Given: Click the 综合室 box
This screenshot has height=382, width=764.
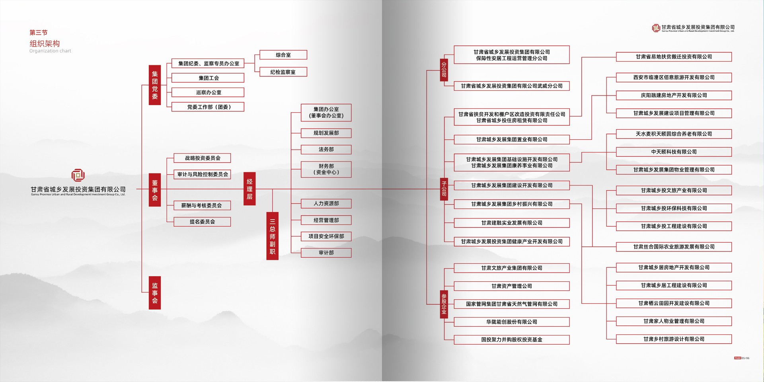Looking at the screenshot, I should [283, 55].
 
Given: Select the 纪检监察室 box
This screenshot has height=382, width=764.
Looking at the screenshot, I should [283, 72].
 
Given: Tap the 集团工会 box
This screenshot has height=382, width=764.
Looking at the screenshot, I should [208, 78].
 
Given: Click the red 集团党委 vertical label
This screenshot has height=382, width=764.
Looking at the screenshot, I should [155, 85].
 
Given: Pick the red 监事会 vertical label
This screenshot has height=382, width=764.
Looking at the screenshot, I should [155, 293].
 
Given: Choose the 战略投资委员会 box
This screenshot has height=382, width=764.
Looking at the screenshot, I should [202, 158].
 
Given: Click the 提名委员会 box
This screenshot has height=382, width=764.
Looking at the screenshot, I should [202, 222].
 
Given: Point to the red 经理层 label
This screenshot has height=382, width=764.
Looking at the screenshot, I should [249, 189].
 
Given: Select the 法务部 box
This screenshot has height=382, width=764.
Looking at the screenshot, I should [326, 150].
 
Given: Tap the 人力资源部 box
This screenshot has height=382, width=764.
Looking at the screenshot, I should [326, 204].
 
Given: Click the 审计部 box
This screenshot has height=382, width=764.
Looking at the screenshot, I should [326, 253].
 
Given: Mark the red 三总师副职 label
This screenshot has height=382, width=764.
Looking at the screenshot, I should [272, 236].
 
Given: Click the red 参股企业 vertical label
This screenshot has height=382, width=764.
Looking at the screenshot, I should [444, 304].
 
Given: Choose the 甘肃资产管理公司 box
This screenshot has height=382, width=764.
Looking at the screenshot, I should [511, 286].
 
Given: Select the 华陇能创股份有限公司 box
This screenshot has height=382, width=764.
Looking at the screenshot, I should [511, 322].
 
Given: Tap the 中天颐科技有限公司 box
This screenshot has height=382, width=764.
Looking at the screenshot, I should [674, 152].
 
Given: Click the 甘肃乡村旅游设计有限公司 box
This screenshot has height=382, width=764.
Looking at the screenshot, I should [674, 339].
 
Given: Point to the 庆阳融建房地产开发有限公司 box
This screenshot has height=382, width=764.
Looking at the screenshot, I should [674, 95].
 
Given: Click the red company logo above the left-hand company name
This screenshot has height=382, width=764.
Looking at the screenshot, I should [78, 175].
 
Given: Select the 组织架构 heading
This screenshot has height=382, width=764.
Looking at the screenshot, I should [45, 43].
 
